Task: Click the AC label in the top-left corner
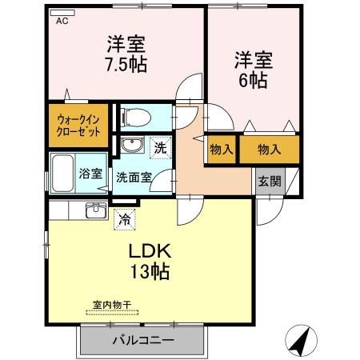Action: (62, 22)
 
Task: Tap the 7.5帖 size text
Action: (126, 65)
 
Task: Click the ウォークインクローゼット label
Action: (78, 126)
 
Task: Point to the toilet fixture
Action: (135, 118)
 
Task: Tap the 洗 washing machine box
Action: (160, 147)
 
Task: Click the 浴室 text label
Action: (90, 173)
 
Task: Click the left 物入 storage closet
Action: (221, 150)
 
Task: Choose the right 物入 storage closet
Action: (270, 150)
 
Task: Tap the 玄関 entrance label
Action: (269, 180)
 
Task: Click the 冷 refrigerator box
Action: (124, 216)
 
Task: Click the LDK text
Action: (151, 250)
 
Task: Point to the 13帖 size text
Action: (150, 271)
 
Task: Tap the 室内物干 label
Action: (112, 305)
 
